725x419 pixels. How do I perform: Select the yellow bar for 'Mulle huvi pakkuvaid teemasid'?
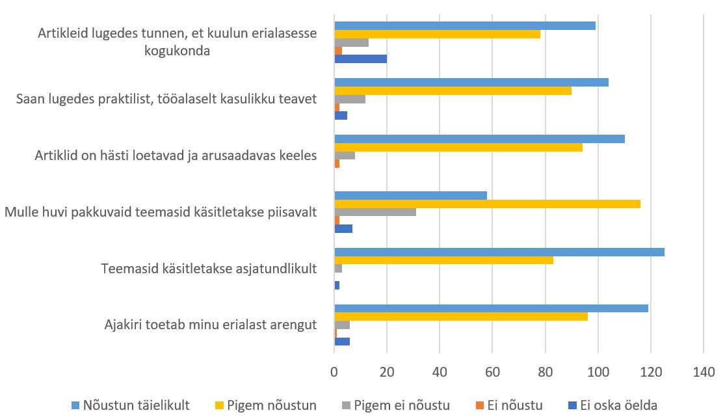click(487, 204)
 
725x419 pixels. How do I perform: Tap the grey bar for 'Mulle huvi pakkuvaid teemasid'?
click(375, 212)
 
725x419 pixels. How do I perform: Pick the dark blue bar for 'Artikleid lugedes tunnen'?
click(360, 59)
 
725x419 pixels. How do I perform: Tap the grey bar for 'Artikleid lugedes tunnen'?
click(351, 42)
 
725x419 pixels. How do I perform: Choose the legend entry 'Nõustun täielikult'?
click(136, 405)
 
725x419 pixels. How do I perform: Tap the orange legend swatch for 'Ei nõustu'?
click(482, 405)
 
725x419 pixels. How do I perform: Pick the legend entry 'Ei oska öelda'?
click(617, 405)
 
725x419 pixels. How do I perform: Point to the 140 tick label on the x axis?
click(704, 373)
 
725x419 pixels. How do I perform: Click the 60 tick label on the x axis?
click(492, 373)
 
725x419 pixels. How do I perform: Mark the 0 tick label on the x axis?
click(334, 373)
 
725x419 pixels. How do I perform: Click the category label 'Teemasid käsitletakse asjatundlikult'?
click(209, 268)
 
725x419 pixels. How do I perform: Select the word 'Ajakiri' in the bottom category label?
click(124, 325)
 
